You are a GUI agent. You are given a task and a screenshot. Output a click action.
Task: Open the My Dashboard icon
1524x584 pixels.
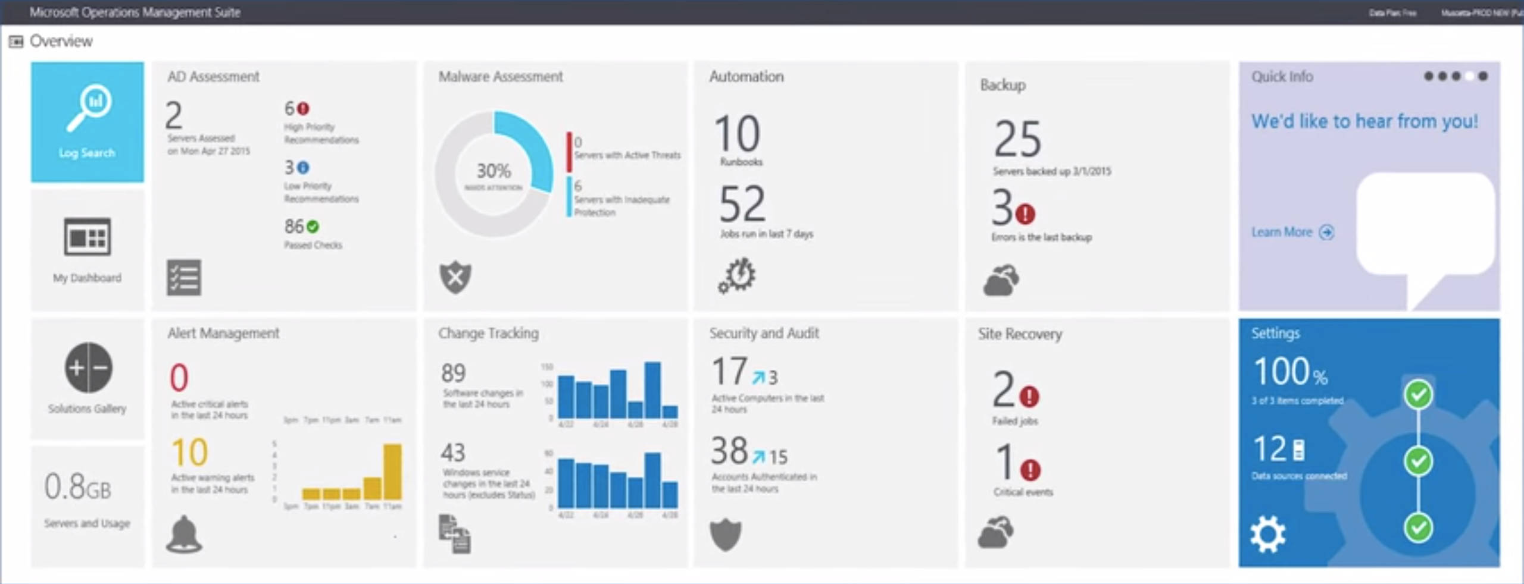(87, 237)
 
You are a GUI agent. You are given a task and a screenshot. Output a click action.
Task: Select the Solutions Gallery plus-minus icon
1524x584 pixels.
(88, 368)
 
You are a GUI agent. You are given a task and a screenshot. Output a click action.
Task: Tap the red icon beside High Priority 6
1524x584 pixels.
(304, 109)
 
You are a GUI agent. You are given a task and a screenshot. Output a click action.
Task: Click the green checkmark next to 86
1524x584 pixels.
(313, 227)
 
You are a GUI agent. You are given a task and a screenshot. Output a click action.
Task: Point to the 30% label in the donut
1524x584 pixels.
(494, 171)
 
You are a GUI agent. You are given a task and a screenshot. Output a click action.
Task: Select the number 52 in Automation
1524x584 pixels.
(742, 204)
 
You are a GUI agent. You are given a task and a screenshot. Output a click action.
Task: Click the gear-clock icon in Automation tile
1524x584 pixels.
(737, 276)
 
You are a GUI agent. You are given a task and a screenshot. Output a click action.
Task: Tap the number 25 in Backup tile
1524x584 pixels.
(1017, 139)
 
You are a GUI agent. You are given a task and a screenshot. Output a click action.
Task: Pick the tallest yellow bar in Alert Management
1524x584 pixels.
(392, 471)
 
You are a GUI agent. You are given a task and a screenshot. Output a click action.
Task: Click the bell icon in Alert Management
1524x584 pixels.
(183, 534)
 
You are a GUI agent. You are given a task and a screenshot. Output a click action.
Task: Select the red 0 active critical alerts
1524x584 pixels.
(179, 378)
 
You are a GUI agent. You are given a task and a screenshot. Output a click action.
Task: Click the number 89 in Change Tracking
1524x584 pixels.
(453, 373)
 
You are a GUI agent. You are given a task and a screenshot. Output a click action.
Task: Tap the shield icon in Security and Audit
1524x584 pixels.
(726, 535)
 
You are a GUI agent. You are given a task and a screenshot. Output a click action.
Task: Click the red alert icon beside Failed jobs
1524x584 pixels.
(1029, 396)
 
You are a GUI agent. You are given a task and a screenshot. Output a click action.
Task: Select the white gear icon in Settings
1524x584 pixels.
(1268, 535)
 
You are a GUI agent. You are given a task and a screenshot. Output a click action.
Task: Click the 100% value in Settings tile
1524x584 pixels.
(1289, 372)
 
